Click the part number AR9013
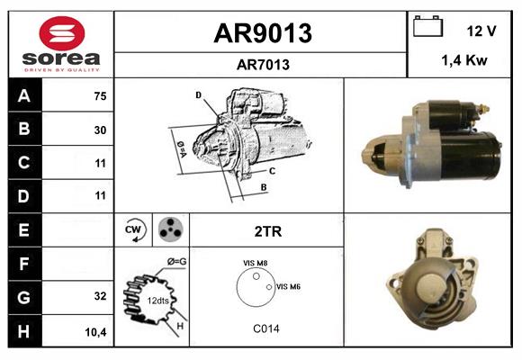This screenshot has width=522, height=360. tap(262, 33)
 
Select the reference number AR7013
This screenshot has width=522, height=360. tap(262, 64)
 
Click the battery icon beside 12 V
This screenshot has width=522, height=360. tap(427, 28)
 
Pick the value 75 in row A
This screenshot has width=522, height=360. tap(100, 96)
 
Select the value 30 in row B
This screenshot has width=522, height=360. tap(100, 130)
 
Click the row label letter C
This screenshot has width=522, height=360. tap(23, 163)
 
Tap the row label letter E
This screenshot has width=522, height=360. tap(23, 230)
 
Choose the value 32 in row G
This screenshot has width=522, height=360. tap(100, 296)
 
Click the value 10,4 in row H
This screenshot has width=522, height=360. tap(96, 331)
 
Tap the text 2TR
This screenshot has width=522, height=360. tap(268, 231)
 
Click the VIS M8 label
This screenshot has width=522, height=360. tap(256, 263)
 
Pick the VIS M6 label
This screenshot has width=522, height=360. tap(288, 286)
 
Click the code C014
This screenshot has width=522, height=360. tap(266, 328)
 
